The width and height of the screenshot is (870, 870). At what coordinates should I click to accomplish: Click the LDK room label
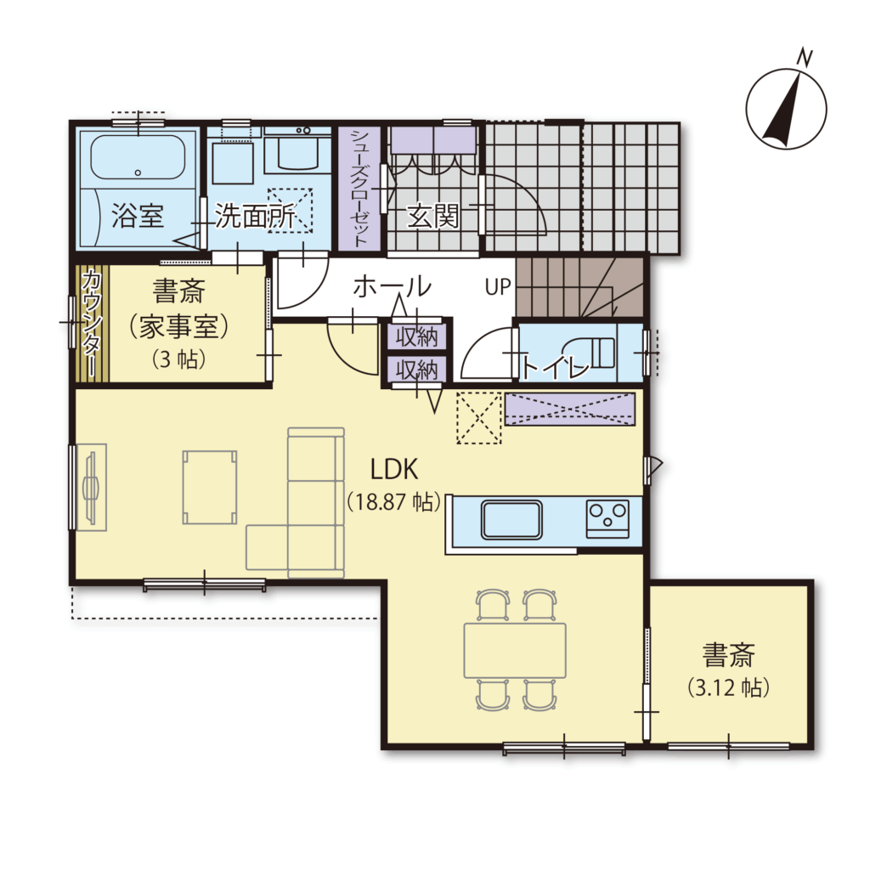click(394, 469)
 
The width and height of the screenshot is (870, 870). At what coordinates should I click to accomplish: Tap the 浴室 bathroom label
click(138, 216)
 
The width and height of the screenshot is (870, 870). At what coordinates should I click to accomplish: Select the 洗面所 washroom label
click(255, 216)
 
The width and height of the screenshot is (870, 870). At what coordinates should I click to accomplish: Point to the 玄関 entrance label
click(433, 216)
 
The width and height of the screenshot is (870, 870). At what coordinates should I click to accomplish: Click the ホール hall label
click(393, 287)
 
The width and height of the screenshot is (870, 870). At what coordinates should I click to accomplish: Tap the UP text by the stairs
click(498, 287)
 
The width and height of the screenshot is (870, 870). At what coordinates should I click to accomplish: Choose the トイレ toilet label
click(555, 366)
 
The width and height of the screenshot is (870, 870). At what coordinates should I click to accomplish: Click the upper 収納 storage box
click(416, 336)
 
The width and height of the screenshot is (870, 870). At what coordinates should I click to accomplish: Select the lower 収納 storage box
click(416, 370)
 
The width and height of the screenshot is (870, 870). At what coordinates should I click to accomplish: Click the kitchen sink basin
click(511, 519)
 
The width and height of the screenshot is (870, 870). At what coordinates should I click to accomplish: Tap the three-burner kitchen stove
click(607, 519)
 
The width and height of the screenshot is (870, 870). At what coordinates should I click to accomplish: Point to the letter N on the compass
click(805, 57)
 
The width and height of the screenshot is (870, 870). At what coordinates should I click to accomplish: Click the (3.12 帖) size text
click(728, 688)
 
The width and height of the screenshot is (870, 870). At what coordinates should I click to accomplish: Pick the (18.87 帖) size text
click(394, 502)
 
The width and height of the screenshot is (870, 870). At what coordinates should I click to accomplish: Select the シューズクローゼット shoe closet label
click(359, 188)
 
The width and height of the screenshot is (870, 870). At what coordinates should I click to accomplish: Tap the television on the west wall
click(91, 488)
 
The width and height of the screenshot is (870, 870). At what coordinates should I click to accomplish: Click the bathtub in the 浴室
click(138, 157)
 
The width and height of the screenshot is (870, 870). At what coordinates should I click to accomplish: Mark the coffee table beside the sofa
click(210, 487)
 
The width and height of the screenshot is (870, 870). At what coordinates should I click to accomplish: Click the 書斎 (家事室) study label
click(178, 308)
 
